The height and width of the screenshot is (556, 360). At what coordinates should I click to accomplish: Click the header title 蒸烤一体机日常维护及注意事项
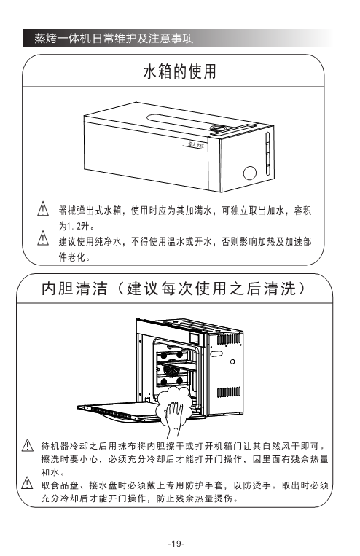click(114, 38)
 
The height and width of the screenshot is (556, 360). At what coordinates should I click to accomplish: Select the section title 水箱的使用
click(180, 71)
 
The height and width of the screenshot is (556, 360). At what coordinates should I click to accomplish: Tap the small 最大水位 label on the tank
click(196, 145)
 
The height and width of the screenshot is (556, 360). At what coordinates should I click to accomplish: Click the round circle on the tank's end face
click(250, 173)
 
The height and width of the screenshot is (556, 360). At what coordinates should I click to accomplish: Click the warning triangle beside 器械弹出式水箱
click(43, 208)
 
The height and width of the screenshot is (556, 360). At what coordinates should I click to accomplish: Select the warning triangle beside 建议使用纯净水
click(43, 238)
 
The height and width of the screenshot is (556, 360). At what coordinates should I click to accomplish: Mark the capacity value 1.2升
click(79, 226)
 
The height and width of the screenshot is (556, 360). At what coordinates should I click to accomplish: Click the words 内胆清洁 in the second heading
click(74, 289)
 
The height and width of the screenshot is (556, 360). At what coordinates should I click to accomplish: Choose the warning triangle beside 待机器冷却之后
click(28, 445)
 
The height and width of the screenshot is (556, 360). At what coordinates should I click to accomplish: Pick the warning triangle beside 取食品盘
click(28, 483)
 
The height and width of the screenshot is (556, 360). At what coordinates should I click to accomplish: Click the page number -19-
click(176, 544)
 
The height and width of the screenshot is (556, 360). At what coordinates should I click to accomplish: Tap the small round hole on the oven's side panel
click(232, 361)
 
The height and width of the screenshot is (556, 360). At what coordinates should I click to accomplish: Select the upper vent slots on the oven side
click(229, 339)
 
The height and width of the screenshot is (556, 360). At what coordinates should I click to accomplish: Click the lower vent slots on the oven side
click(229, 392)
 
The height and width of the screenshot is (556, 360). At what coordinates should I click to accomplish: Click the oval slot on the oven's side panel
click(216, 353)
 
